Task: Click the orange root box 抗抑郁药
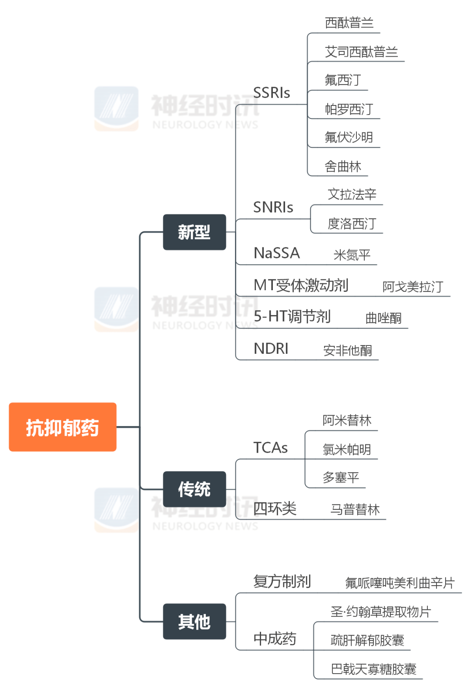point(63,427)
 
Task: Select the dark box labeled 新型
point(194,232)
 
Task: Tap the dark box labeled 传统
point(194,489)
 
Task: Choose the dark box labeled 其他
point(194,621)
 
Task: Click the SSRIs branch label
point(272,93)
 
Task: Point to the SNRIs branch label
point(273,207)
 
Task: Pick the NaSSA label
point(277,253)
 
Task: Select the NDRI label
point(271,349)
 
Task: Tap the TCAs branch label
point(271,448)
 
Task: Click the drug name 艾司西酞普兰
point(361,52)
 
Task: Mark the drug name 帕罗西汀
point(349,109)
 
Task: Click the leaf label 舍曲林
point(343,166)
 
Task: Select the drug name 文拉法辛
point(352,194)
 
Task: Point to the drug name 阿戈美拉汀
point(413,287)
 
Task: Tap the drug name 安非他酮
point(348,350)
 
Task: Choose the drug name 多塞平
point(341,478)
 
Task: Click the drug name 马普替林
point(355,509)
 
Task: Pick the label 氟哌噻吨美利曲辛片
point(400,583)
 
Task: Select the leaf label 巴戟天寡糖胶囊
point(374,669)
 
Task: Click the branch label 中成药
point(275,639)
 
